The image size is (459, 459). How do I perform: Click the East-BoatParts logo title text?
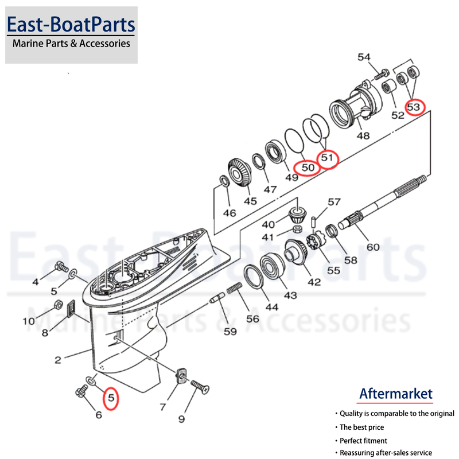click(x=71, y=24)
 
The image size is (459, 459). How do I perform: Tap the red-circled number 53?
click(x=414, y=107)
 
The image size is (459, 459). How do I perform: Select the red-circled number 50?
click(x=308, y=168)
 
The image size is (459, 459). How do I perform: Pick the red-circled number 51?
click(x=327, y=157)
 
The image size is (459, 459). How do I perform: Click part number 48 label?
click(x=363, y=136)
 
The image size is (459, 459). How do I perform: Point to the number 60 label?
click(x=373, y=247)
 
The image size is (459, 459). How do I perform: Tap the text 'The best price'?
click(x=361, y=427)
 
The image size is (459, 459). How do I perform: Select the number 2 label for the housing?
click(x=58, y=360)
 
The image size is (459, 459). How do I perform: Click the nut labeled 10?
click(x=57, y=305)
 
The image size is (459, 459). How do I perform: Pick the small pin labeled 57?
click(x=314, y=220)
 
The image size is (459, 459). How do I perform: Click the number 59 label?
click(x=230, y=331)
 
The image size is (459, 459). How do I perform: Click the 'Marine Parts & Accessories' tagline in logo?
click(x=71, y=43)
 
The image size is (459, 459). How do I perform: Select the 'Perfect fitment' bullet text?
click(x=363, y=441)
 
